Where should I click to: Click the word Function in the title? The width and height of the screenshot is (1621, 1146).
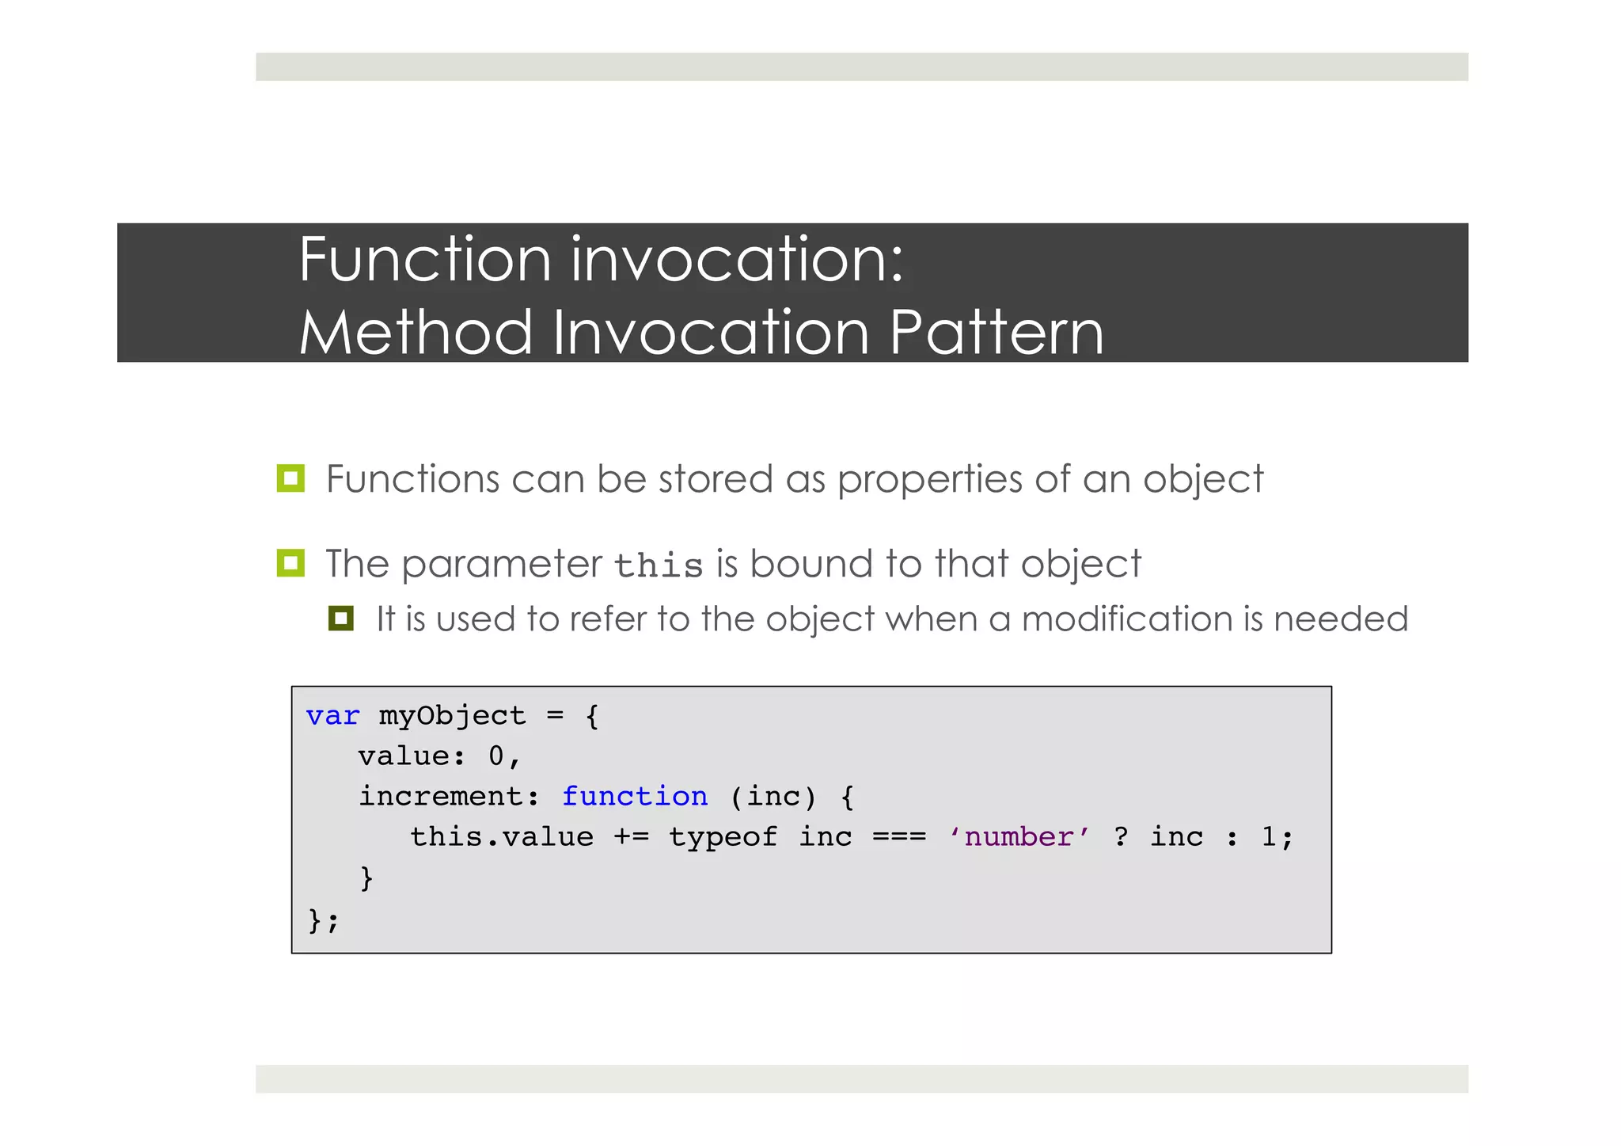(x=424, y=260)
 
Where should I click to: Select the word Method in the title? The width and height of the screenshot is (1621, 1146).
(x=416, y=333)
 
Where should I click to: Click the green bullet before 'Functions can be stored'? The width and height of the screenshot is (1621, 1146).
(x=290, y=478)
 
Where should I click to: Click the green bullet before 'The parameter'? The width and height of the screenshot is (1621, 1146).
(x=290, y=563)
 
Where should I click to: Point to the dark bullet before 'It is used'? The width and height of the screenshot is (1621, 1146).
(x=341, y=619)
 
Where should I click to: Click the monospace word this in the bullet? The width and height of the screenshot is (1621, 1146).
(x=659, y=565)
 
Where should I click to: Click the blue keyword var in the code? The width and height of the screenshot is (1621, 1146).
(x=332, y=716)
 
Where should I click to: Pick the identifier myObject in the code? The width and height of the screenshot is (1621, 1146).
(x=452, y=716)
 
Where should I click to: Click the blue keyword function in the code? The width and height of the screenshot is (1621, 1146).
(x=635, y=797)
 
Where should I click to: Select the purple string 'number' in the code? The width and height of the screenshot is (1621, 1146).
(x=1019, y=837)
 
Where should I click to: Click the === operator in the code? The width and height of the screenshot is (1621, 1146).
(x=899, y=837)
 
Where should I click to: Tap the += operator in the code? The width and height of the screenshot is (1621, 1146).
(x=631, y=837)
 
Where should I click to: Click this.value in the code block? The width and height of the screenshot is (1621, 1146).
(x=501, y=837)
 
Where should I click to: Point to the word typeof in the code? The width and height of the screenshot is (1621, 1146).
(x=723, y=837)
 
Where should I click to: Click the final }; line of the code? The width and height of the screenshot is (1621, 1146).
(x=323, y=920)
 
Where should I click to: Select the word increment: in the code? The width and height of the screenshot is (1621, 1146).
(x=449, y=797)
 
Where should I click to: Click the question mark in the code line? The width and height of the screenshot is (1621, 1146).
(x=1120, y=837)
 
